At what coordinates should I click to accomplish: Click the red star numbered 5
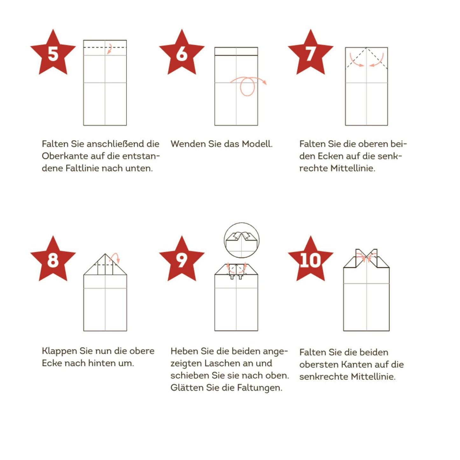pyautogui.click(x=53, y=53)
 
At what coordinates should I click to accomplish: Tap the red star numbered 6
pyautogui.click(x=181, y=53)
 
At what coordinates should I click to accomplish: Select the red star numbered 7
pyautogui.click(x=310, y=53)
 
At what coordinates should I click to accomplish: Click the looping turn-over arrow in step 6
pyautogui.click(x=248, y=85)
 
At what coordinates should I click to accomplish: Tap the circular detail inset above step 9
pyautogui.click(x=242, y=240)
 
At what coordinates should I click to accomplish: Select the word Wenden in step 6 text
pyautogui.click(x=188, y=144)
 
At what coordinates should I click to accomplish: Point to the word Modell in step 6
pyautogui.click(x=257, y=144)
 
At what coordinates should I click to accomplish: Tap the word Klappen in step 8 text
pyautogui.click(x=59, y=351)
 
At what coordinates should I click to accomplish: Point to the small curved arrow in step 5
pyautogui.click(x=110, y=48)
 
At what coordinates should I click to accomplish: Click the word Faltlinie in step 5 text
pyautogui.click(x=84, y=168)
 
